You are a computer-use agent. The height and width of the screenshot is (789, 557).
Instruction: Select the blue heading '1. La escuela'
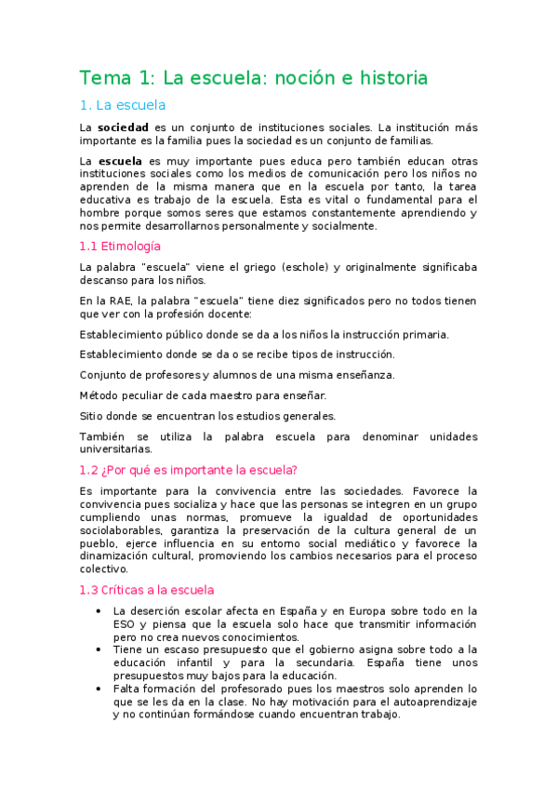point(122,105)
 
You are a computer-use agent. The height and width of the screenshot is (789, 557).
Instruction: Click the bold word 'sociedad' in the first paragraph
point(124,127)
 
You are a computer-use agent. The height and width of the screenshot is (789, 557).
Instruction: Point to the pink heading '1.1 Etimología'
point(120,246)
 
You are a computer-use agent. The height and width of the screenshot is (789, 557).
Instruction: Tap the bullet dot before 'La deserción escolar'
point(99,610)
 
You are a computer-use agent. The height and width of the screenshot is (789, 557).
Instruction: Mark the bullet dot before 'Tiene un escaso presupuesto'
point(99,649)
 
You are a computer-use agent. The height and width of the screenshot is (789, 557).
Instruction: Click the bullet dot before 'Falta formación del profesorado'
point(99,689)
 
